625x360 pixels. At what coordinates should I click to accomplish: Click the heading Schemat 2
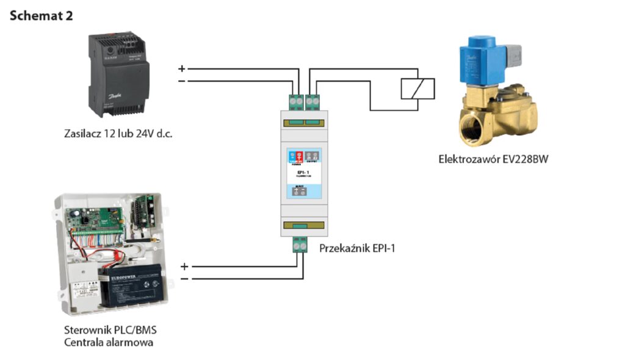tap(42, 16)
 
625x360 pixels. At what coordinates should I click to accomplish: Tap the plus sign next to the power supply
tap(181, 68)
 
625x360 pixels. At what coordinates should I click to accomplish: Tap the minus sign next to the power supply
tap(181, 81)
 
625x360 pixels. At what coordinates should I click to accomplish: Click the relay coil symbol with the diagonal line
tap(417, 89)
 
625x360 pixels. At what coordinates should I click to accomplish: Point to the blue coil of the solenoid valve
tap(483, 57)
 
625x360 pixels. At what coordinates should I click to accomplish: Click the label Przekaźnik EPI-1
tap(357, 248)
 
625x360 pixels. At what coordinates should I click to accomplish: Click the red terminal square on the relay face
tap(300, 155)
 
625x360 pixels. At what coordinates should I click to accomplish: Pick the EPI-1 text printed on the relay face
tap(303, 174)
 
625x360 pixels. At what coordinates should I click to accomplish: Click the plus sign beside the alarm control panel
tap(185, 267)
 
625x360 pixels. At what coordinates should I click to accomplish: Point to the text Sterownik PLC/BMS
tap(110, 330)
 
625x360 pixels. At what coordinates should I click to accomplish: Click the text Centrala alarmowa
tap(109, 342)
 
